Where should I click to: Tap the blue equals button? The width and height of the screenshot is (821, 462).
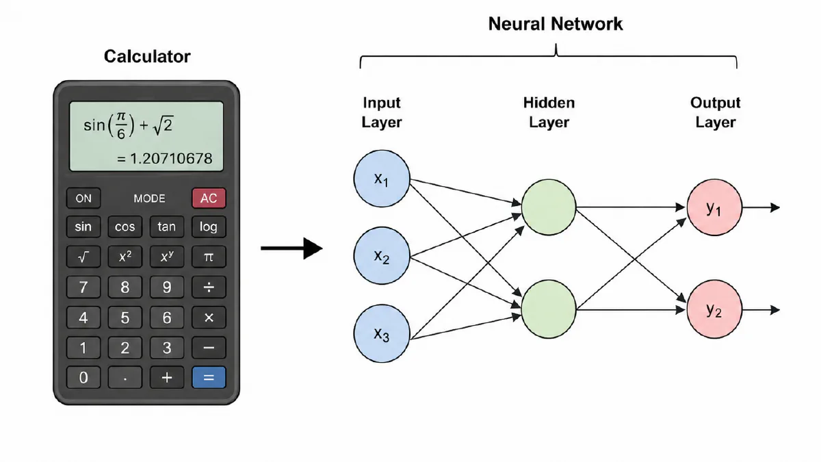click(209, 377)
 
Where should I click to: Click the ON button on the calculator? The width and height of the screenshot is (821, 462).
click(83, 198)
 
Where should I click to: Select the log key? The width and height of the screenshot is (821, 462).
click(209, 227)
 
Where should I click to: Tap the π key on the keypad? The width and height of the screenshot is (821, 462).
click(209, 257)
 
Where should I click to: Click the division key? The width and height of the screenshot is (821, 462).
click(209, 287)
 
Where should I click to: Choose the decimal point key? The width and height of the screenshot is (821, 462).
click(125, 377)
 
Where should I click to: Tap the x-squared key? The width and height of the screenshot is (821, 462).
click(125, 257)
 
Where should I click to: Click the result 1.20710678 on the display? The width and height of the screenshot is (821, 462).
click(171, 158)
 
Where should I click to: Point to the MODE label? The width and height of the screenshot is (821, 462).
click(149, 198)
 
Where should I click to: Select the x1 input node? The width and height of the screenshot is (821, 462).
click(382, 179)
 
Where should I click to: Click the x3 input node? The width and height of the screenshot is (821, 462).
click(382, 334)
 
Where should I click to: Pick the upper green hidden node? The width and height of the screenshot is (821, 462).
click(549, 207)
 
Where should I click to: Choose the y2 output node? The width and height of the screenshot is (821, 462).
click(714, 309)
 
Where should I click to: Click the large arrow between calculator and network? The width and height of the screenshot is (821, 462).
click(291, 248)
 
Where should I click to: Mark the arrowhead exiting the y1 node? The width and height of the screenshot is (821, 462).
click(774, 207)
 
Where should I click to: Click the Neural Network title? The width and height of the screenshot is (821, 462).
click(556, 24)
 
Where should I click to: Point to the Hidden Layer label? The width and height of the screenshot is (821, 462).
click(549, 112)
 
